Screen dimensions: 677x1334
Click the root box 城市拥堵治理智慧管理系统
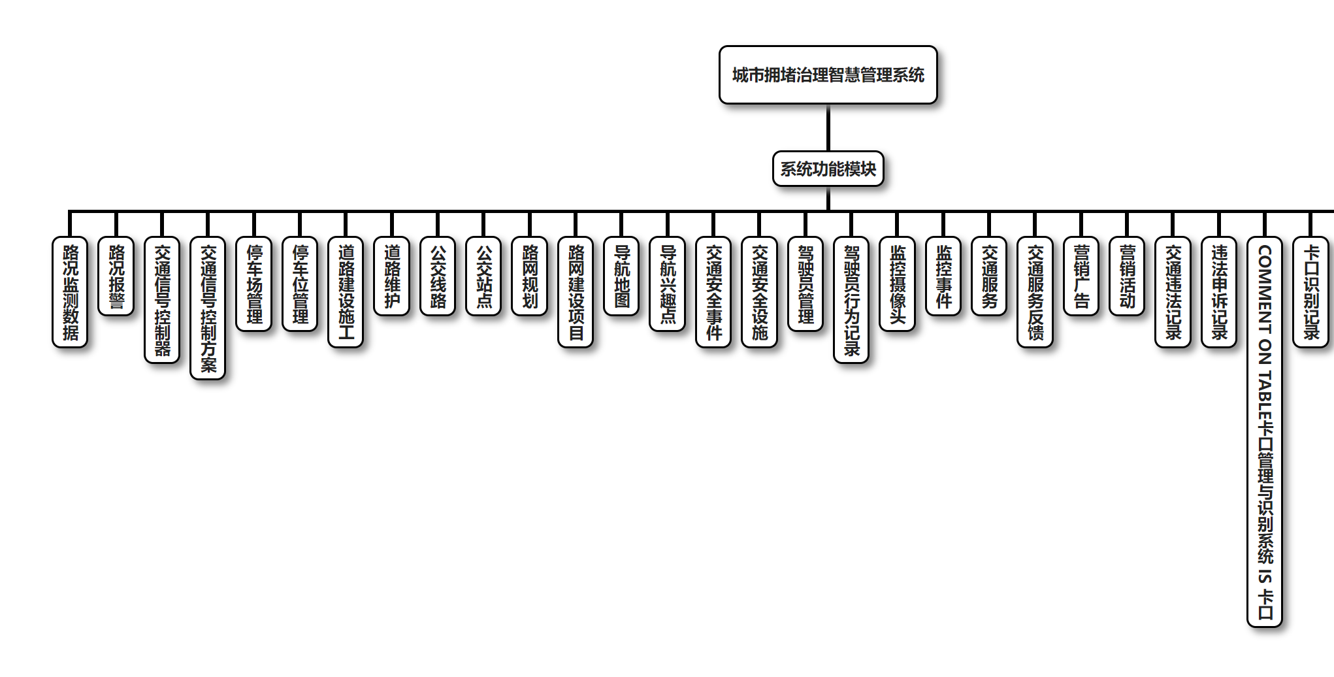tap(828, 75)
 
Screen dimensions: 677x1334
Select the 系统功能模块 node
tap(828, 169)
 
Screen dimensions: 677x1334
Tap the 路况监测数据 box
tap(70, 292)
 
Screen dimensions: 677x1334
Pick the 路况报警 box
tap(116, 276)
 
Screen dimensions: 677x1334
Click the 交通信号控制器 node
tap(162, 300)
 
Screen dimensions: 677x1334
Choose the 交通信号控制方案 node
tap(208, 308)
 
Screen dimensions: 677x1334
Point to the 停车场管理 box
tap(254, 284)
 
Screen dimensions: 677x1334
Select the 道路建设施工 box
tap(346, 292)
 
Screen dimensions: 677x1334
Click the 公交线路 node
tap(438, 276)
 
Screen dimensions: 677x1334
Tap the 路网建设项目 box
tap(576, 292)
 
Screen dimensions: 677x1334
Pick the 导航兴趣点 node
tap(668, 284)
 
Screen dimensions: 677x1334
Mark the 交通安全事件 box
tap(713, 292)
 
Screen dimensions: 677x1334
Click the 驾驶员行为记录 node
tap(851, 300)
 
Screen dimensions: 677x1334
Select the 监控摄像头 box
tap(898, 284)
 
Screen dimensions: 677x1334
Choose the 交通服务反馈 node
tap(1035, 292)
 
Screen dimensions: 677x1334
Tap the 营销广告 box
tap(1081, 276)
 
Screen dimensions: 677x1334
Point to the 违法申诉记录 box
tap(1219, 292)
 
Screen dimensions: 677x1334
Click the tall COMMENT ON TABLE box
tap(1265, 432)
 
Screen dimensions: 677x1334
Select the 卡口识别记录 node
tap(1311, 292)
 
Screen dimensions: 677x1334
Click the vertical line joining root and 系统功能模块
tap(828, 128)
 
